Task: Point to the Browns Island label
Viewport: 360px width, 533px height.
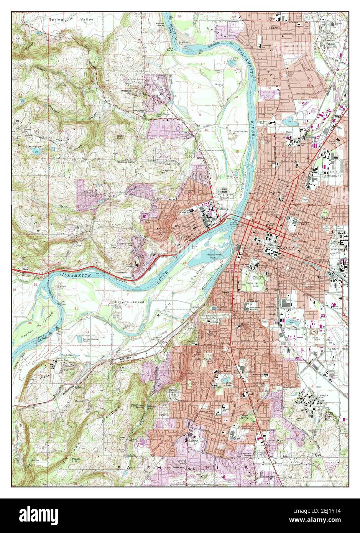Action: click(x=130, y=302)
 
